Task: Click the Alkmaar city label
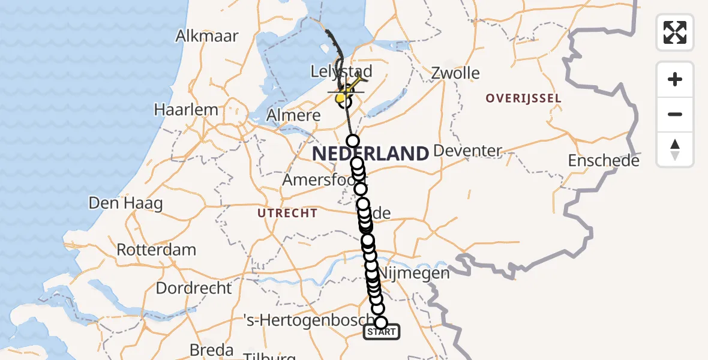point(207,36)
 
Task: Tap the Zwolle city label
point(455,74)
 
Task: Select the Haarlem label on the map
point(185,110)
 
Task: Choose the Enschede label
point(604,160)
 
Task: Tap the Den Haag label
point(125,203)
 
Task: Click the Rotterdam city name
point(156,250)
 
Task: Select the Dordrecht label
point(193,288)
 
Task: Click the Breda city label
point(211,349)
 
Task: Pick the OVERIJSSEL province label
point(523,98)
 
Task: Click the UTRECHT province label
point(287,213)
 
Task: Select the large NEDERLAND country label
point(370,154)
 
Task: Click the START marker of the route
point(381,332)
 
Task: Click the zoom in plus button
point(675,79)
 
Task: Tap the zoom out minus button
point(675,114)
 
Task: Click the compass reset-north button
point(675,149)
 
